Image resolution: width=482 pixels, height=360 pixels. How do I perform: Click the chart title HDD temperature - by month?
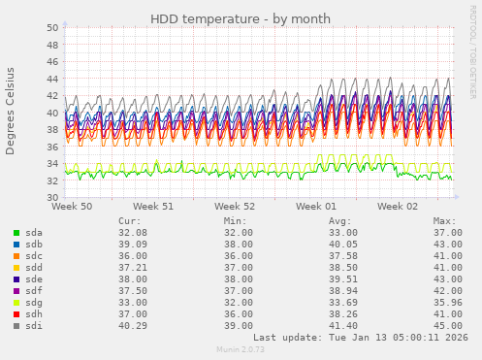tap(241, 19)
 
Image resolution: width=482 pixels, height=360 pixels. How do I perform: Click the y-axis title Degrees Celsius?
tap(11, 111)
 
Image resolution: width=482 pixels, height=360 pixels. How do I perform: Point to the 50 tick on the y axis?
tap(51, 27)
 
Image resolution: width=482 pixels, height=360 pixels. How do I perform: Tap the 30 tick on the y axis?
tap(51, 198)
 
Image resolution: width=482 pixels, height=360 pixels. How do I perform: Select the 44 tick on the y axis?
tap(51, 79)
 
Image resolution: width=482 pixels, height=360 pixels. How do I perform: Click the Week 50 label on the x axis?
tap(72, 207)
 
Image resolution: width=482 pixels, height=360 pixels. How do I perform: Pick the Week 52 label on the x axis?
tap(235, 207)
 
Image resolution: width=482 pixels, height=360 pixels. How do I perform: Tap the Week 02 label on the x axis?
tap(398, 207)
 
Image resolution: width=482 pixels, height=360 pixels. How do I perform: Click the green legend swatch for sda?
tap(16, 233)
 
